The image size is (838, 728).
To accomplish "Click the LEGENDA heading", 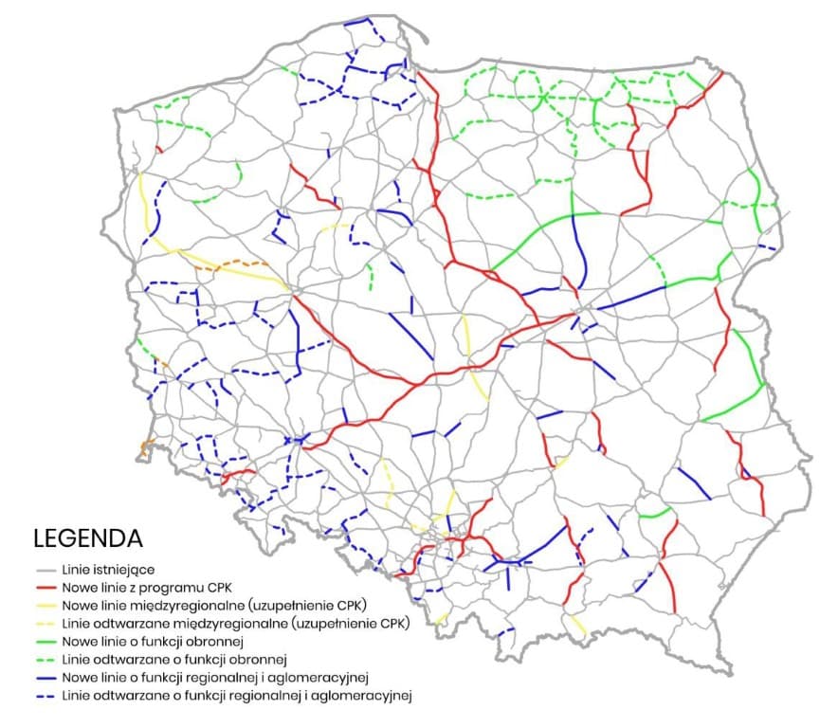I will (x=88, y=539).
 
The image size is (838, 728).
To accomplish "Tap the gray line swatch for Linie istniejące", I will (x=44, y=570).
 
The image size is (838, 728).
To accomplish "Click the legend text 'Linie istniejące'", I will (x=101, y=570).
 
